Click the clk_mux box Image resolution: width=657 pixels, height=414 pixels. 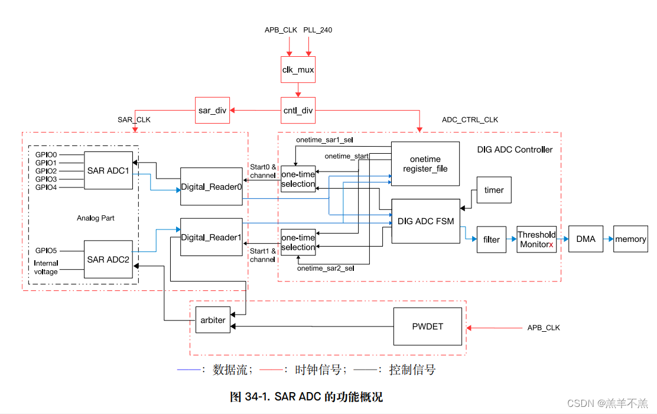pyautogui.click(x=298, y=70)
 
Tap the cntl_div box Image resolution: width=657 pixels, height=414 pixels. pyautogui.click(x=298, y=110)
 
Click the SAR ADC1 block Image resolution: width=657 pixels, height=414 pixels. pyautogui.click(x=108, y=171)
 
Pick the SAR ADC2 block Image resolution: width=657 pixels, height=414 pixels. pyautogui.click(x=108, y=259)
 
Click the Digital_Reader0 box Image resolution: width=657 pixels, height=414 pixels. pyautogui.click(x=211, y=186)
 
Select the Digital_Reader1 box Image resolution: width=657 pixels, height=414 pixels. pyautogui.click(x=211, y=237)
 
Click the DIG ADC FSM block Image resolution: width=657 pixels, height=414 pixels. pyautogui.click(x=425, y=221)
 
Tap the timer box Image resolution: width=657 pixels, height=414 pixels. pyautogui.click(x=493, y=190)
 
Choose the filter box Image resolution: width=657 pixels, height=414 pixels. pyautogui.click(x=491, y=240)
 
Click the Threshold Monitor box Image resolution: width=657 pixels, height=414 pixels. pyautogui.click(x=536, y=239)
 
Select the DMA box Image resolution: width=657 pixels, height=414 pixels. pyautogui.click(x=586, y=239)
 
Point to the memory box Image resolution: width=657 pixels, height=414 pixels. pyautogui.click(x=630, y=239)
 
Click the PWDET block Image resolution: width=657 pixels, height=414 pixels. pyautogui.click(x=428, y=326)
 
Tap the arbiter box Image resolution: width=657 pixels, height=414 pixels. pyautogui.click(x=213, y=320)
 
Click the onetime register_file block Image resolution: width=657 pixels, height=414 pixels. pyautogui.click(x=425, y=164)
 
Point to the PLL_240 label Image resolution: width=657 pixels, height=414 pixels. pyautogui.click(x=318, y=30)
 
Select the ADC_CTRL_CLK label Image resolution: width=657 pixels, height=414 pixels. pyautogui.click(x=470, y=120)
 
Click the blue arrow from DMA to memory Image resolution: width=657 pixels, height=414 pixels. pyautogui.click(x=608, y=239)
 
